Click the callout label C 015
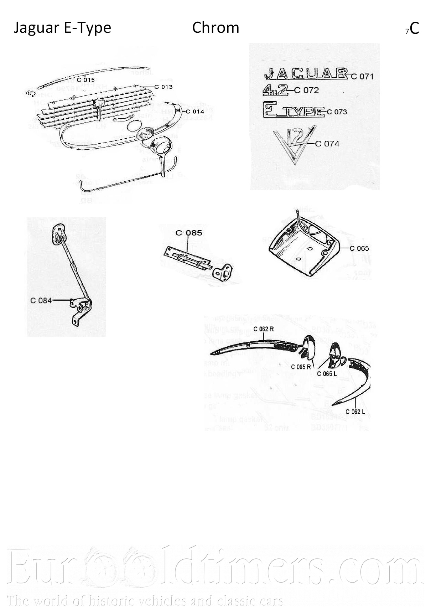coord(85,80)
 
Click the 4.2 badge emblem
coord(275,91)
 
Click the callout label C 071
coord(362,76)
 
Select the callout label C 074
coord(327,144)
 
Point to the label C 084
coord(41,300)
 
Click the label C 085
coord(189,233)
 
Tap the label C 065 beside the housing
coord(359,248)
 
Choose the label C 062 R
coord(264,329)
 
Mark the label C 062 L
coord(355,412)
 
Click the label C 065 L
coord(327,374)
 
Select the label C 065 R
coord(301,367)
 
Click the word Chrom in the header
coord(215,28)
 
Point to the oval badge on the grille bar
coord(98,103)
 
